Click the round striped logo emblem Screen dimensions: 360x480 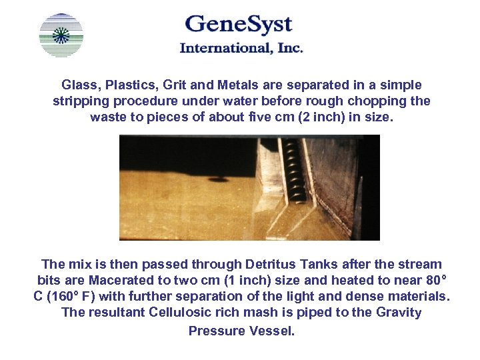pyautogui.click(x=61, y=35)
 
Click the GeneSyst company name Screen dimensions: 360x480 pyautogui.click(x=238, y=25)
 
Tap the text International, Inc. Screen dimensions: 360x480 pyautogui.click(x=241, y=48)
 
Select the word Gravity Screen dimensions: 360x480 pyautogui.click(x=398, y=312)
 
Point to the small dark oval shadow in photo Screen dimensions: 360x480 pyautogui.click(x=217, y=178)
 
